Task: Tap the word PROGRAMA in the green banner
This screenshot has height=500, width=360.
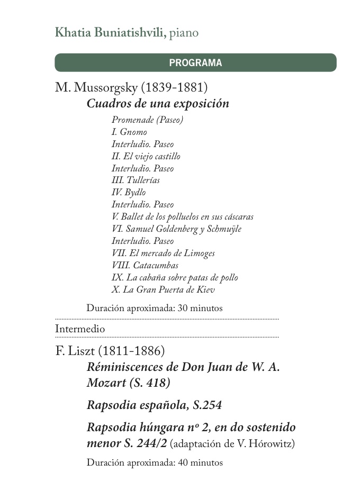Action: click(x=195, y=63)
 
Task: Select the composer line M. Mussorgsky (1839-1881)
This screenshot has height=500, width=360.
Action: click(x=131, y=87)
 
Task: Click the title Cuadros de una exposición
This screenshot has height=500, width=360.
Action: click(x=158, y=103)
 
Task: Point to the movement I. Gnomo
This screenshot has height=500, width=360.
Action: click(x=129, y=132)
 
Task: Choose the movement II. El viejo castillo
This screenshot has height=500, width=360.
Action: click(x=146, y=156)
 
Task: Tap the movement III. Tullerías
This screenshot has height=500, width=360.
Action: click(x=136, y=180)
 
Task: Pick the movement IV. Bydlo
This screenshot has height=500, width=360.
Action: click(x=129, y=193)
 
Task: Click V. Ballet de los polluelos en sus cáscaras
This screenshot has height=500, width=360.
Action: click(x=183, y=217)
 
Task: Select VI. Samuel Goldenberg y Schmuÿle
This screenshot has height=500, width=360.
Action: click(x=176, y=229)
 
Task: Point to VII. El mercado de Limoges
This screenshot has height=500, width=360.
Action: click(x=163, y=253)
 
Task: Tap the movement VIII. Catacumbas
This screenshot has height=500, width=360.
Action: click(x=145, y=266)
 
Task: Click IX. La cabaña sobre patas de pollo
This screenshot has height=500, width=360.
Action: click(x=175, y=278)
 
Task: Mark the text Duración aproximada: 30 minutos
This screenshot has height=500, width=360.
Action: click(x=155, y=308)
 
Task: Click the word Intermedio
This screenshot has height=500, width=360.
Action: click(x=80, y=329)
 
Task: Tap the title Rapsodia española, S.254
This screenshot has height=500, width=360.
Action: click(x=154, y=406)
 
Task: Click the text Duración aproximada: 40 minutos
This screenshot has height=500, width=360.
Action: click(x=155, y=462)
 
